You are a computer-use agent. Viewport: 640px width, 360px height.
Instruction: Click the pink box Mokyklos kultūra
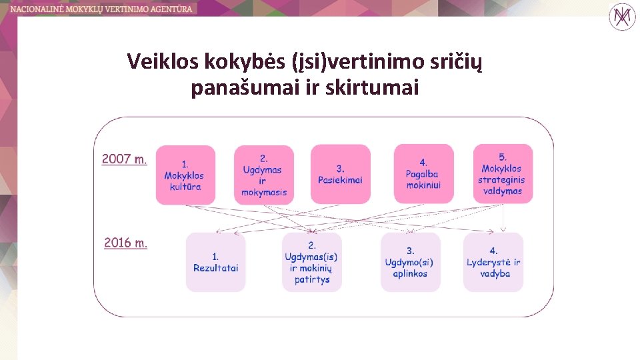185,175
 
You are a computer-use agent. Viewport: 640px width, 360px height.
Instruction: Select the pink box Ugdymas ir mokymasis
263,175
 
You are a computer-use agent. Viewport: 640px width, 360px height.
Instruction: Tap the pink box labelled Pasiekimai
340,175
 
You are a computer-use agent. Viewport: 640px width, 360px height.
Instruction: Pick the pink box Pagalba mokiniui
423,174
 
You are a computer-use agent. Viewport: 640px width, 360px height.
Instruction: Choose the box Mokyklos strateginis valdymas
502,174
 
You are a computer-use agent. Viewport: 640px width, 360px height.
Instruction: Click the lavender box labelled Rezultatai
215,262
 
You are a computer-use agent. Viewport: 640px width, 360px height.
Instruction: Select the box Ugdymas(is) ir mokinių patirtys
311,262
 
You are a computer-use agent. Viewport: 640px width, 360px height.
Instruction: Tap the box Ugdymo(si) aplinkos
410,262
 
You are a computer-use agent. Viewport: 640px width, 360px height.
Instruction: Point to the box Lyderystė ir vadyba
493,262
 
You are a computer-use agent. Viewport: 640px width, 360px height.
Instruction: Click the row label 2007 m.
124,159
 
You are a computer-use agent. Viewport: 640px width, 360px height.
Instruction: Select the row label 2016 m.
125,243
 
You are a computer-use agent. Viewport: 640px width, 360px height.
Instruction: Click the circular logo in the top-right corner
622,16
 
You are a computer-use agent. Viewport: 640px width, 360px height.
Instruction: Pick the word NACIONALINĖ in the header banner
37,9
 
